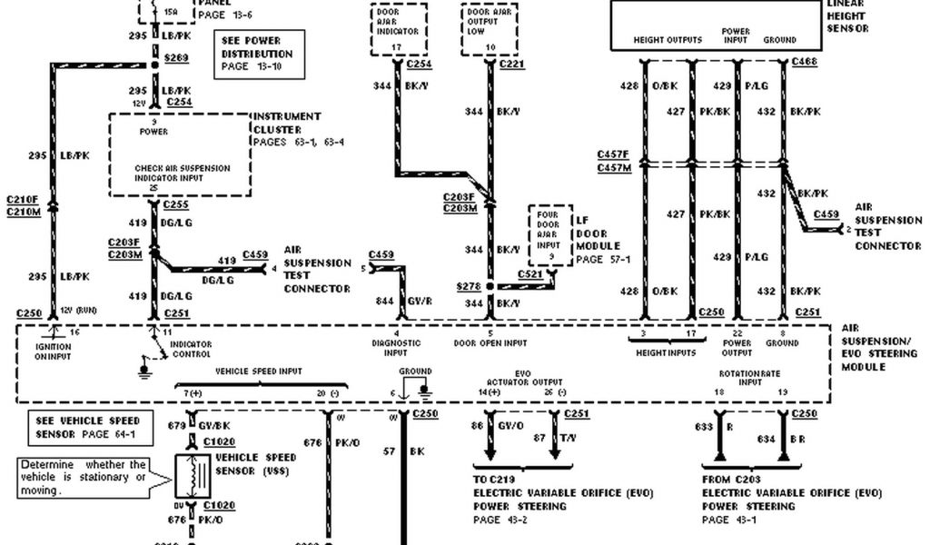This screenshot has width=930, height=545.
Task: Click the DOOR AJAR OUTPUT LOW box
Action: pos(490,30)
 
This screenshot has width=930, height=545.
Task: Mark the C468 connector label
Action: pos(805,61)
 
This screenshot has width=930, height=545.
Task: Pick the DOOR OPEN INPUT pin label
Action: pos(490,342)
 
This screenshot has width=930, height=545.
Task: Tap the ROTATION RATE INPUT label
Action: pos(738,377)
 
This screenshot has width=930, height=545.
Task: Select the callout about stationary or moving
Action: pos(84,477)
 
